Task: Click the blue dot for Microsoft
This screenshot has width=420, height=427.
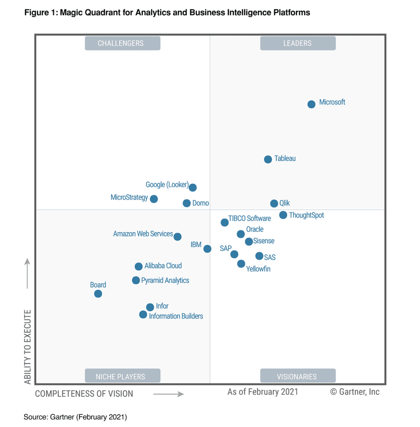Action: point(311,104)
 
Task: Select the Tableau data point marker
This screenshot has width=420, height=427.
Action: point(268,159)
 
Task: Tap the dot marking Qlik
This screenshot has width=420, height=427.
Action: point(274,203)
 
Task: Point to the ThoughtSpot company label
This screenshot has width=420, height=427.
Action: point(306,216)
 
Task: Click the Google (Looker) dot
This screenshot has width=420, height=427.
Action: point(192,188)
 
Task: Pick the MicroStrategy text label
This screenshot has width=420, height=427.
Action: point(129,198)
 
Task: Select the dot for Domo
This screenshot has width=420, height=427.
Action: point(187,203)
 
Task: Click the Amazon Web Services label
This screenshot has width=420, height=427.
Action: point(143,234)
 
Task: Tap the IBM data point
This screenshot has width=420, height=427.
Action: point(207,249)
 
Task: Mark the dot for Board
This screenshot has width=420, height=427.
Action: point(98,294)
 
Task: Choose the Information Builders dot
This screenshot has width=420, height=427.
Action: point(143,314)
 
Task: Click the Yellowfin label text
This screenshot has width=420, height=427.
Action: point(258,269)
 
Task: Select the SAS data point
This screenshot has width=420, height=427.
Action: point(259,256)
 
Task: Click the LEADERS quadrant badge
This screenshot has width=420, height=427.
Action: point(298,43)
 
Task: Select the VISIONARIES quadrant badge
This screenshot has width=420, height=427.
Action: point(298,376)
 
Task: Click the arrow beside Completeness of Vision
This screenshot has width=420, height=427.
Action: point(168,394)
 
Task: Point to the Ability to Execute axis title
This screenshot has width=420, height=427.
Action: point(28,347)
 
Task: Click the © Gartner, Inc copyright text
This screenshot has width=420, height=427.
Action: point(355,392)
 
